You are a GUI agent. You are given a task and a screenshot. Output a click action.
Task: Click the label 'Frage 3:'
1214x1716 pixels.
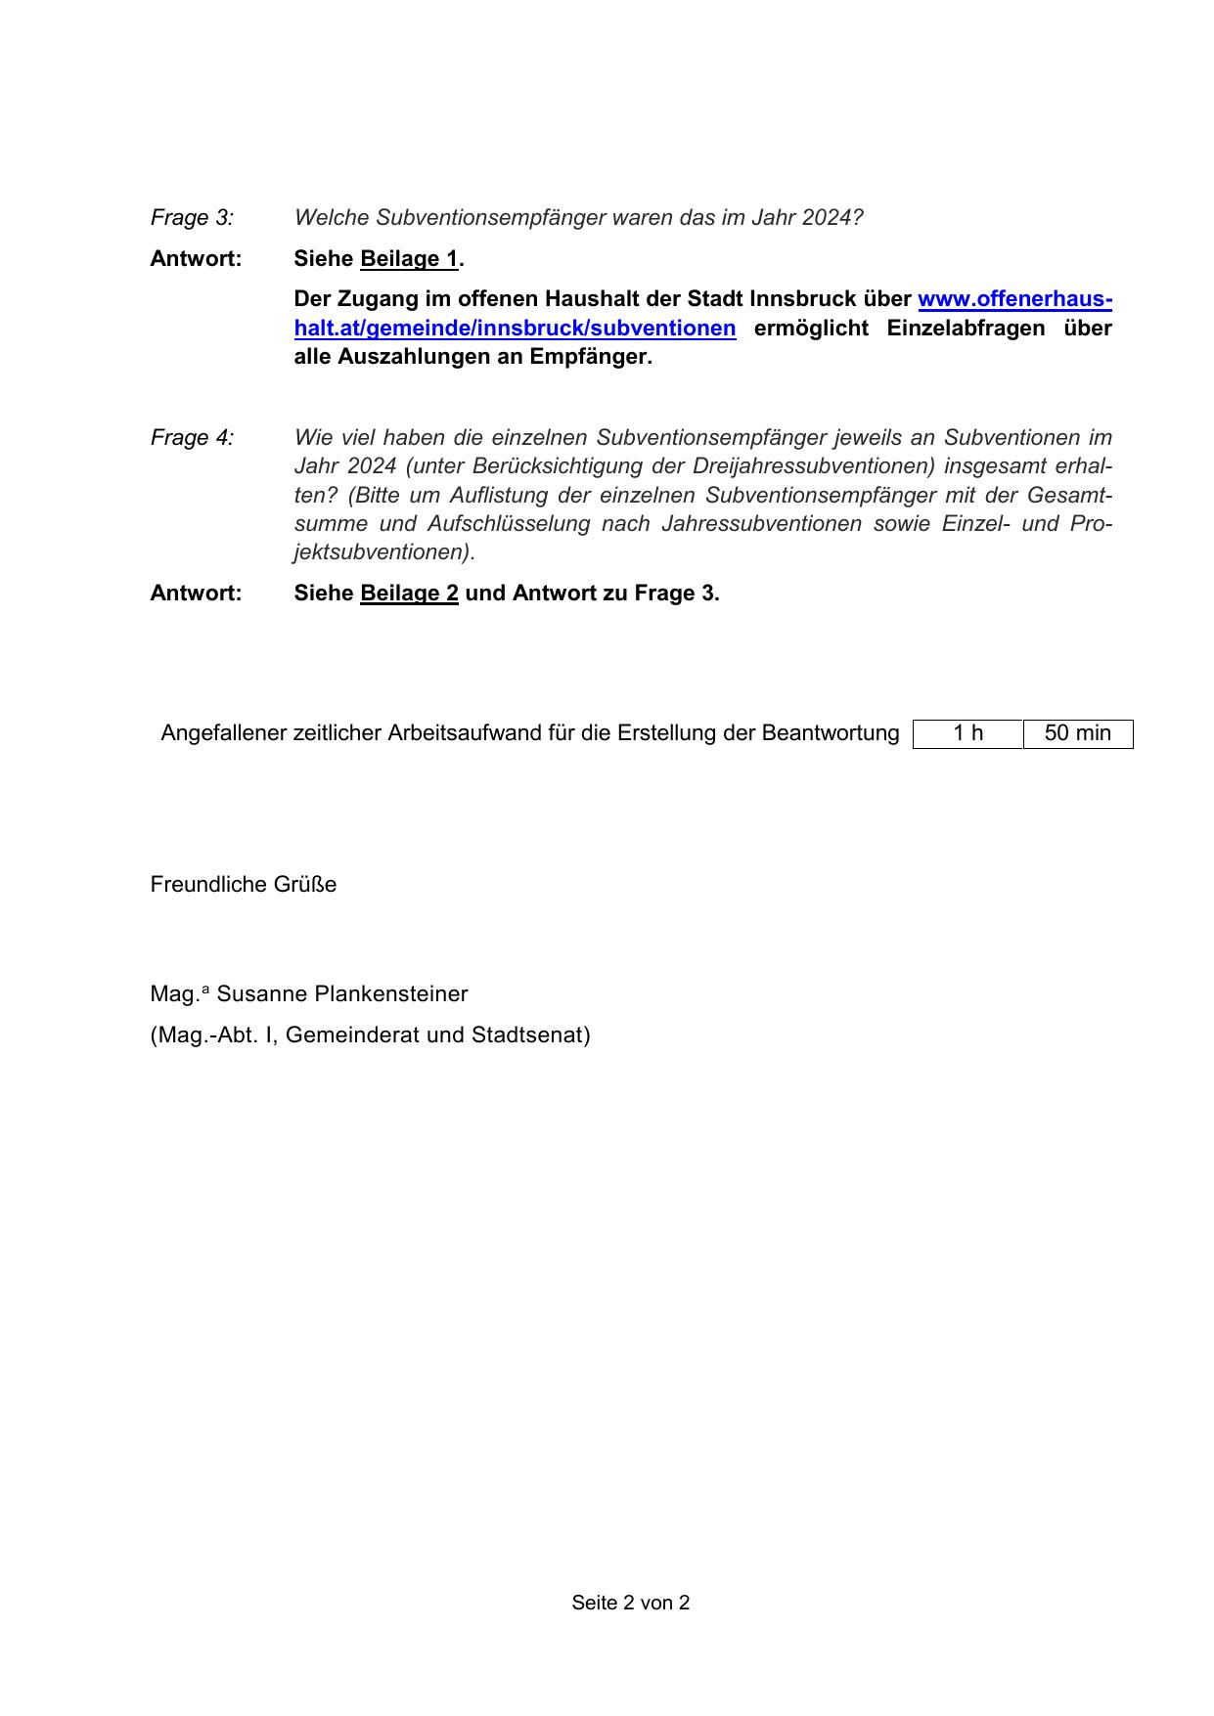[192, 217]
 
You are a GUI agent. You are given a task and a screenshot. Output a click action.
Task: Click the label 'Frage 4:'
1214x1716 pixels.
[192, 437]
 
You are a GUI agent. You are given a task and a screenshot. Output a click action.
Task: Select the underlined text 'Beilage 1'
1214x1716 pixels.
[409, 259]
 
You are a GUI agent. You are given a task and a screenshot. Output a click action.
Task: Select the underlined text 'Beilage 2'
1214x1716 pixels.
[409, 594]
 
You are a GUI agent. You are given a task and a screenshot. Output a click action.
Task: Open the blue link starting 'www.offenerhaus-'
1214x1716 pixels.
[1013, 299]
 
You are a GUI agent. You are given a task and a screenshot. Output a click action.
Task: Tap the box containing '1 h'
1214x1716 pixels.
[967, 733]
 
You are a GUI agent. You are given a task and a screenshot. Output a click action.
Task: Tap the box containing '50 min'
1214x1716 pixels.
[1077, 733]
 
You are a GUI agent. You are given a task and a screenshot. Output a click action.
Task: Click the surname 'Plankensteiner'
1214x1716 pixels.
[391, 994]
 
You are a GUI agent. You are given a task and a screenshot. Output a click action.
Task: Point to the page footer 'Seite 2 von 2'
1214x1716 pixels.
[630, 1603]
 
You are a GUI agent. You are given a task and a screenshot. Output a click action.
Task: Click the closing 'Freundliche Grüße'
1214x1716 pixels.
[243, 885]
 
